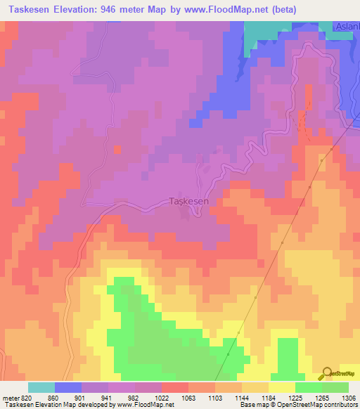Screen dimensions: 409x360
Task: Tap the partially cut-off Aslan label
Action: point(347,26)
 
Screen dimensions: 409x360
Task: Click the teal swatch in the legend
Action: point(41,387)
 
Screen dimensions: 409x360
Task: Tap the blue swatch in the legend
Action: point(68,387)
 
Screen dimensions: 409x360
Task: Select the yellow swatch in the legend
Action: point(281,387)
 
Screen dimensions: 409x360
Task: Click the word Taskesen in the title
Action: point(27,10)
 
